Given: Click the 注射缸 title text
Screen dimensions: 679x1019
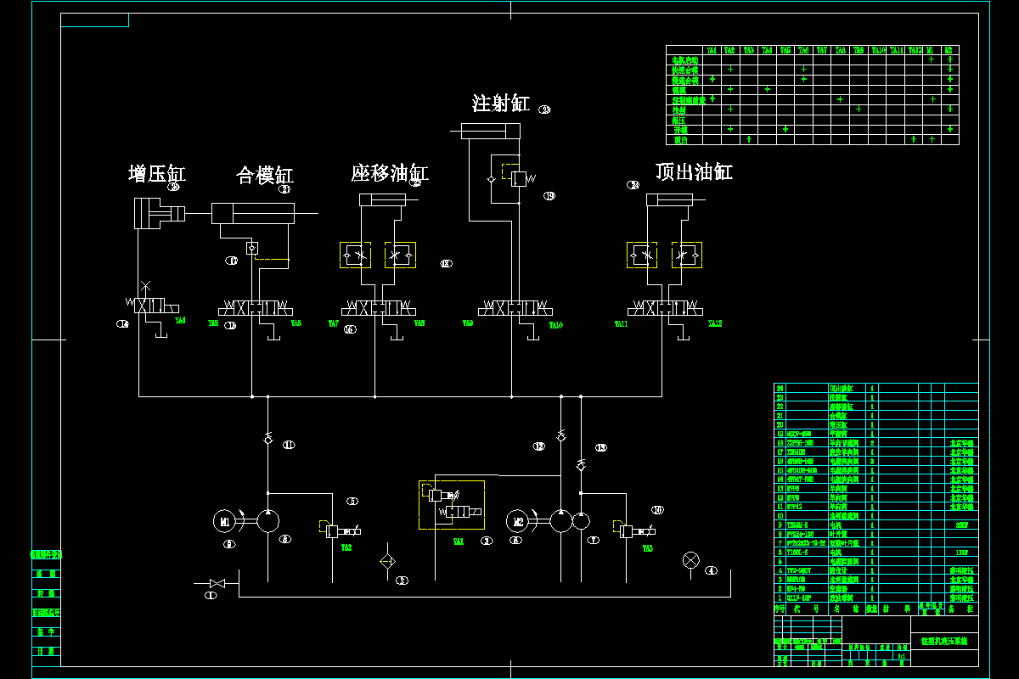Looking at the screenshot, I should point(501,104).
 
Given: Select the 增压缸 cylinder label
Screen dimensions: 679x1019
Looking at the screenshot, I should point(156,174).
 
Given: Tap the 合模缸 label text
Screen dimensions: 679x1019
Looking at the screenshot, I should point(264,176).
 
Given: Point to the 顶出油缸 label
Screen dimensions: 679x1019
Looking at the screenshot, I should point(694,172).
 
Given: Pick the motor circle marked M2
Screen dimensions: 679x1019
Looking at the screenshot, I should point(519,521).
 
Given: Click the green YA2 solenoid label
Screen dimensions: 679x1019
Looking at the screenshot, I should point(346,548).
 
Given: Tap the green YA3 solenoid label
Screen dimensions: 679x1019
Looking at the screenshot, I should point(647,548).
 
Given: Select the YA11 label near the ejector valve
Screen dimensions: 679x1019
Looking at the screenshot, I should point(621,324).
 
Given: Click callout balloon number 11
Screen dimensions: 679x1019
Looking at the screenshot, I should point(289,444).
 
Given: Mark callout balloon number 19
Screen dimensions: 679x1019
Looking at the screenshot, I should point(549,196).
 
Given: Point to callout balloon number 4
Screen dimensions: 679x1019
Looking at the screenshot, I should point(712,570).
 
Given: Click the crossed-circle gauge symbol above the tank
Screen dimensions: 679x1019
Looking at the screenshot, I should point(691,558).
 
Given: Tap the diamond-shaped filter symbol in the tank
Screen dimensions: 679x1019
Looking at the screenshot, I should point(387,561).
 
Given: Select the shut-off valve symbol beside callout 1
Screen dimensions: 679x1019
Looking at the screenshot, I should point(217,583).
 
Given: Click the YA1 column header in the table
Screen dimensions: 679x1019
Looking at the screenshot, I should point(712,51).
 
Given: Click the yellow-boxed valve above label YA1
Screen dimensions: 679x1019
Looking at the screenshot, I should point(452,504).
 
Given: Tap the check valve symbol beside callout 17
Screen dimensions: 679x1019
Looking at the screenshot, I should point(252,248).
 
